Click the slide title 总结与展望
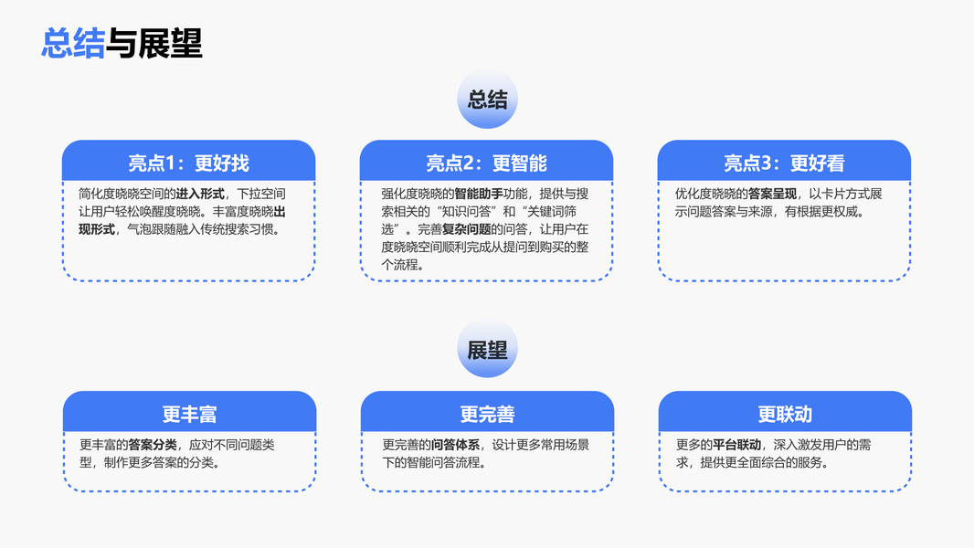coord(122,43)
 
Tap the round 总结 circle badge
coord(487,100)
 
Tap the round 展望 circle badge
coord(487,350)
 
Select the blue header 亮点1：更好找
coord(188,163)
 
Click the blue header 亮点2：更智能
coord(486,163)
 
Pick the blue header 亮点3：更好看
coord(784,163)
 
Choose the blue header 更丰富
coord(189,414)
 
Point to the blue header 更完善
coord(487,414)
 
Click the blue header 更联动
coord(785,414)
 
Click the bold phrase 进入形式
coord(200,194)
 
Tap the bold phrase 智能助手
coord(479,194)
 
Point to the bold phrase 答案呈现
coord(772,194)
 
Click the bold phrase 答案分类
coord(153,445)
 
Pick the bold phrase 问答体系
coord(456,445)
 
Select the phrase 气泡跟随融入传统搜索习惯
coord(203,229)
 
